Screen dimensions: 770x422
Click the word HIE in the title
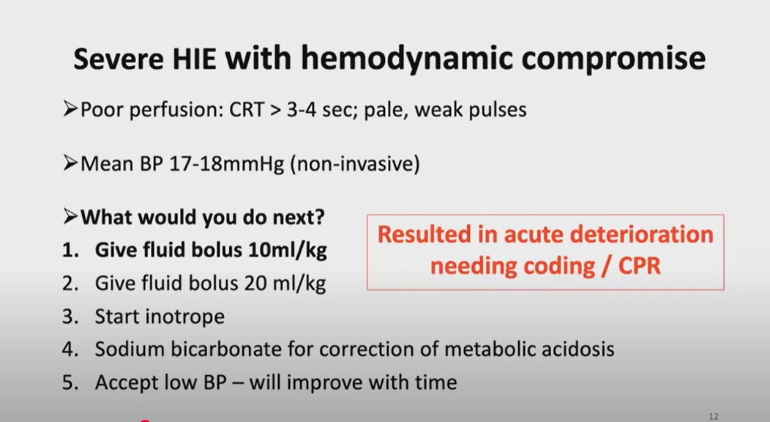194,59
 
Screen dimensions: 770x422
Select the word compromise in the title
613,59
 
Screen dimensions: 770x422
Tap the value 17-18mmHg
226,164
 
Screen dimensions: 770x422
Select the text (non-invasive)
355,163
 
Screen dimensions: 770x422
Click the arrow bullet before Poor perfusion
70,108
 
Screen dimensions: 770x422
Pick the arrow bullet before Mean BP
70,163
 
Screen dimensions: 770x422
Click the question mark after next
319,217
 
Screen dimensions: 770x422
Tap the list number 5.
70,382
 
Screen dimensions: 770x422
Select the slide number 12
714,416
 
